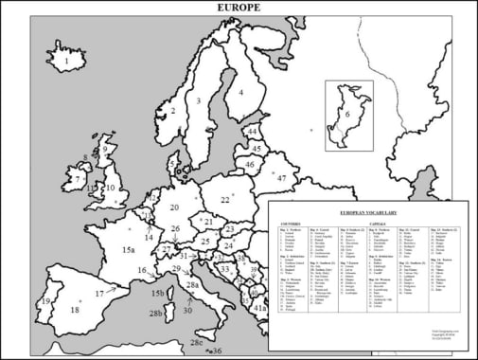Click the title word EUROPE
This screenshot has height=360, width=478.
click(239, 8)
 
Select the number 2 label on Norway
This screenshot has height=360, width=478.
click(172, 111)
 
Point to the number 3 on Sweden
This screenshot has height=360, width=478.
click(199, 100)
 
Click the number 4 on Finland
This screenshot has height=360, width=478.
click(240, 92)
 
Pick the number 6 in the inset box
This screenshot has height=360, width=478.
click(347, 115)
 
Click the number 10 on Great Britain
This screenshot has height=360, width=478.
click(110, 188)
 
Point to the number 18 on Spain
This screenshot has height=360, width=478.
click(75, 310)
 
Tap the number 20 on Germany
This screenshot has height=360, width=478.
click(174, 207)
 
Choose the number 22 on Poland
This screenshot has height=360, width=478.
click(225, 200)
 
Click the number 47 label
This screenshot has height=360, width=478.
click(281, 178)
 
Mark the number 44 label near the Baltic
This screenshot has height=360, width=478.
click(252, 132)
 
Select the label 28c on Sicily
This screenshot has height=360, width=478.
click(197, 342)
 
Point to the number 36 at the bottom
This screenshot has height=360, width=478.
click(218, 351)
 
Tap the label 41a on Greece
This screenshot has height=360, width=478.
click(260, 308)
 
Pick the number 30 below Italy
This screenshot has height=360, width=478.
click(187, 310)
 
